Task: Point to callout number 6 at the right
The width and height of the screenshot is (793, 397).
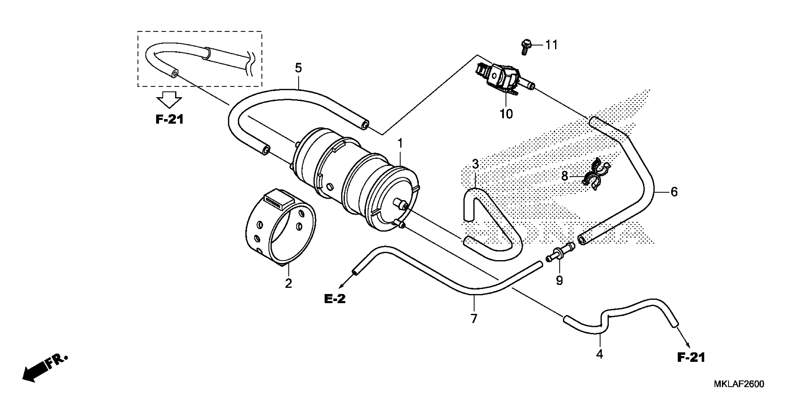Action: (x=674, y=192)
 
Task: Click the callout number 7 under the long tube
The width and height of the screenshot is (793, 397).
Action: (x=474, y=318)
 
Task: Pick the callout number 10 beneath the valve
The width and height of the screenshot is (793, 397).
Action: (x=506, y=114)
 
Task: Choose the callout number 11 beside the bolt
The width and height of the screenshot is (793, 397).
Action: (x=551, y=45)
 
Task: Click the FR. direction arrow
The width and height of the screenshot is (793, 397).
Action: (x=43, y=369)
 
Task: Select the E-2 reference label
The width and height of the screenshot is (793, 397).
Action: (x=335, y=298)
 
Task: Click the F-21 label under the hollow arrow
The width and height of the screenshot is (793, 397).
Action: (x=169, y=119)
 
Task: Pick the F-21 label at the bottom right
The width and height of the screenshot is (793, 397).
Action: (x=691, y=358)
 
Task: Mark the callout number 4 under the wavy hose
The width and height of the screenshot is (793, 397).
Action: (x=599, y=354)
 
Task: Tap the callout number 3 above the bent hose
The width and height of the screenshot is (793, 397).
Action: (x=475, y=164)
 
